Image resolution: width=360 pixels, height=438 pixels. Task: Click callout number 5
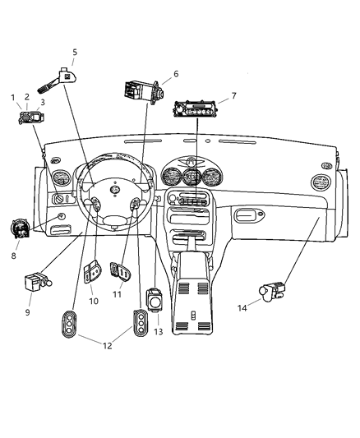point(75,52)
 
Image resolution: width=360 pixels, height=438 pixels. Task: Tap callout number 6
point(175,74)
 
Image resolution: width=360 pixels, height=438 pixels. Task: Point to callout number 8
point(13,256)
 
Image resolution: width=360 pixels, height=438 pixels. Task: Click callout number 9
point(27,312)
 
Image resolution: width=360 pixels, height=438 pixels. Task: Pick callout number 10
point(93,302)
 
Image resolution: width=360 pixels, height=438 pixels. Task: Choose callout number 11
point(117,294)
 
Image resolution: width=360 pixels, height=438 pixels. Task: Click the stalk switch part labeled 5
point(65,76)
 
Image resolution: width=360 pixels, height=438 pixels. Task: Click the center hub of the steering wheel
point(115,191)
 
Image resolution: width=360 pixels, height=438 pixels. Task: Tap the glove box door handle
point(246,216)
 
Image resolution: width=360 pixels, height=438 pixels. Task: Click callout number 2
point(26,97)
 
